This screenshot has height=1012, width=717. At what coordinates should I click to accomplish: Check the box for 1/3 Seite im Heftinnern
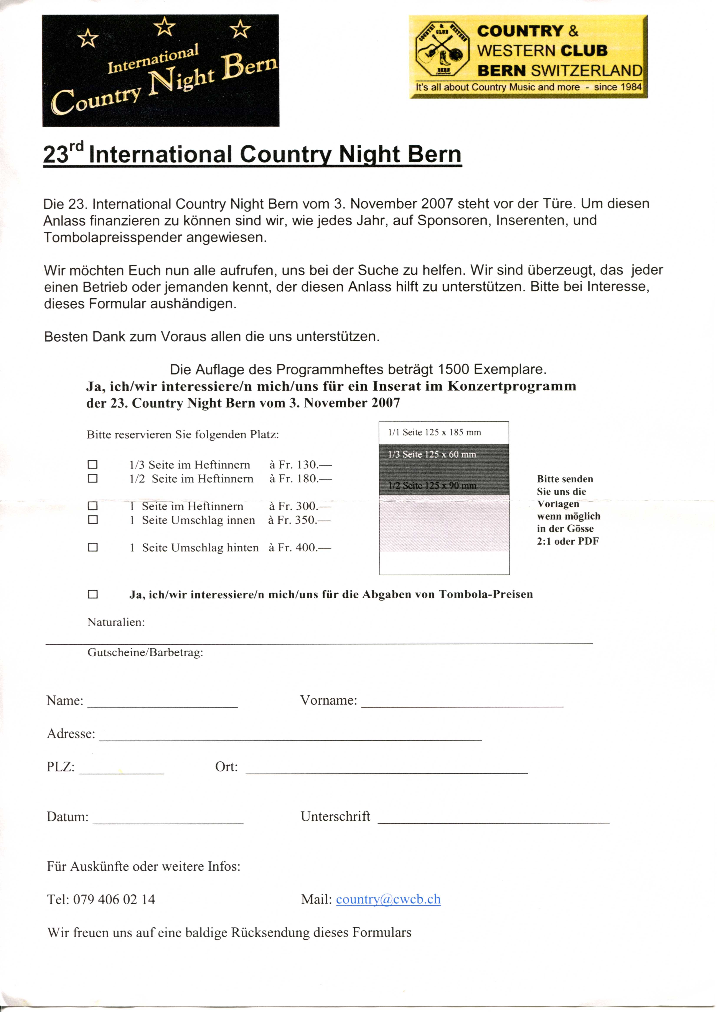[93, 465]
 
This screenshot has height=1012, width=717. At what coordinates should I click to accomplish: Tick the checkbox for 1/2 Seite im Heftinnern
[93, 478]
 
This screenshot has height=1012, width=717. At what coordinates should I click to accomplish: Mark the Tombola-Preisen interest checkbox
[93, 594]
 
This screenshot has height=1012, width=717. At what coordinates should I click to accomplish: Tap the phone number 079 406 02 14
[114, 899]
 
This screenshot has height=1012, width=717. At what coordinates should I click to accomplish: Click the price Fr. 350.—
[299, 520]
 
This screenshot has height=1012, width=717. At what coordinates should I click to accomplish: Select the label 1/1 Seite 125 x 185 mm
[434, 432]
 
